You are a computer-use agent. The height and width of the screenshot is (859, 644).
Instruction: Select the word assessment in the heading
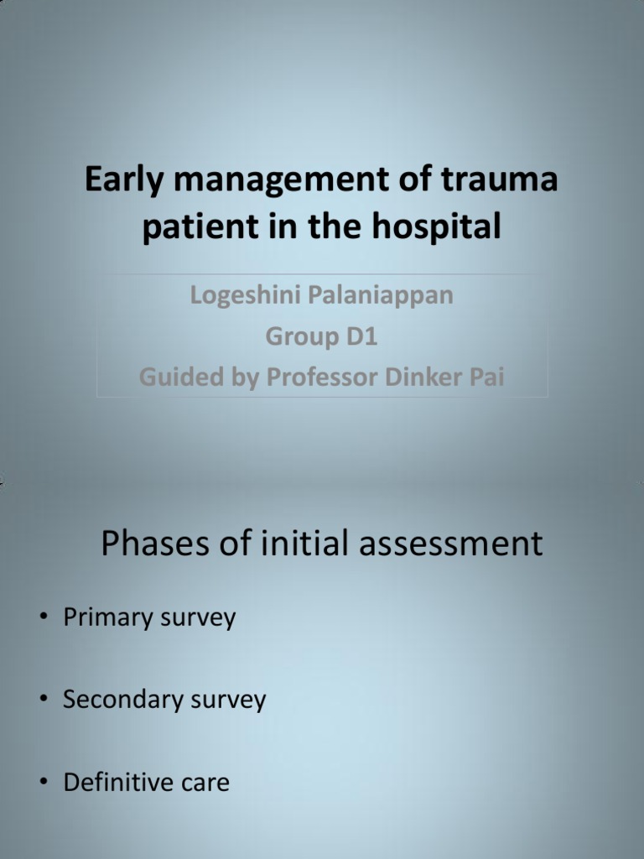[x=451, y=544]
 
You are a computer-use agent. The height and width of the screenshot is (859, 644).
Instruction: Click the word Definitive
[x=117, y=782]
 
